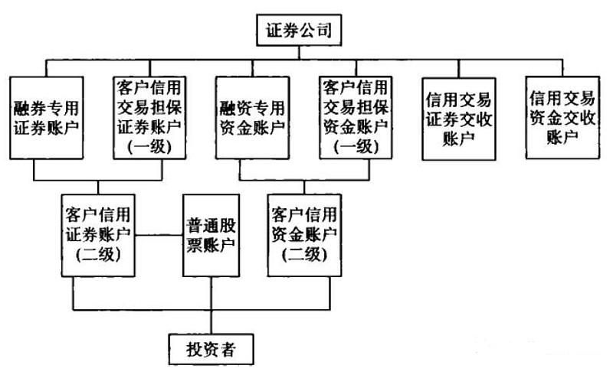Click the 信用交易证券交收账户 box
[457, 116]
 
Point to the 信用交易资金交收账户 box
[562, 116]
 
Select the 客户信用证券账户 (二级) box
[99, 233]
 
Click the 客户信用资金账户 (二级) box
[304, 233]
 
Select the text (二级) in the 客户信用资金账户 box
[304, 254]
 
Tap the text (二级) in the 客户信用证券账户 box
[99, 254]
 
